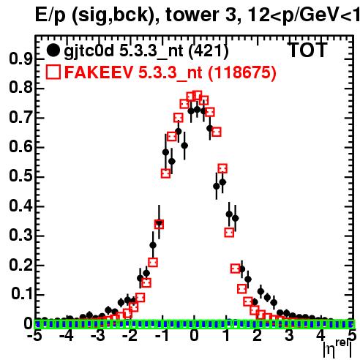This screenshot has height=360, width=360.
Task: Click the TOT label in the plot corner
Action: [308, 50]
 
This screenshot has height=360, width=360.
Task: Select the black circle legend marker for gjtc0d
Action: [53, 50]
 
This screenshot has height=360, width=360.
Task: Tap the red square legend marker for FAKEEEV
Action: [53, 72]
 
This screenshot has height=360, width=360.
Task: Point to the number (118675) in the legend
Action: [242, 72]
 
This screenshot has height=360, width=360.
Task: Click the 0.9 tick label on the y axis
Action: [20, 59]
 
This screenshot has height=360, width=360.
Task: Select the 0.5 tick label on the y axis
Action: [20, 176]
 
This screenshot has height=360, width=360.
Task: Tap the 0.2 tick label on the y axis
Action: [20, 265]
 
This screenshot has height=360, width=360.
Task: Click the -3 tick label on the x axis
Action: [99, 336]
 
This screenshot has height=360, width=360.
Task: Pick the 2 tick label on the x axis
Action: [258, 336]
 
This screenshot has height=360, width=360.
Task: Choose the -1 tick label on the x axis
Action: [162, 336]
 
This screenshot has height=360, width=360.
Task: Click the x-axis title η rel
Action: [337, 349]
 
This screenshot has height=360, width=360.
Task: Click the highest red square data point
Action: [197, 96]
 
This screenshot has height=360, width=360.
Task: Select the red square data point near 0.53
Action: [222, 168]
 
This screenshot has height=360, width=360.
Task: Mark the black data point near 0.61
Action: [184, 146]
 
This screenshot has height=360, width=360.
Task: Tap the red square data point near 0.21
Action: [153, 263]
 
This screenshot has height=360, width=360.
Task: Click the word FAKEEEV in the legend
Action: [99, 72]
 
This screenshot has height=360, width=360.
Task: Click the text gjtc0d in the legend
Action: [89, 51]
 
